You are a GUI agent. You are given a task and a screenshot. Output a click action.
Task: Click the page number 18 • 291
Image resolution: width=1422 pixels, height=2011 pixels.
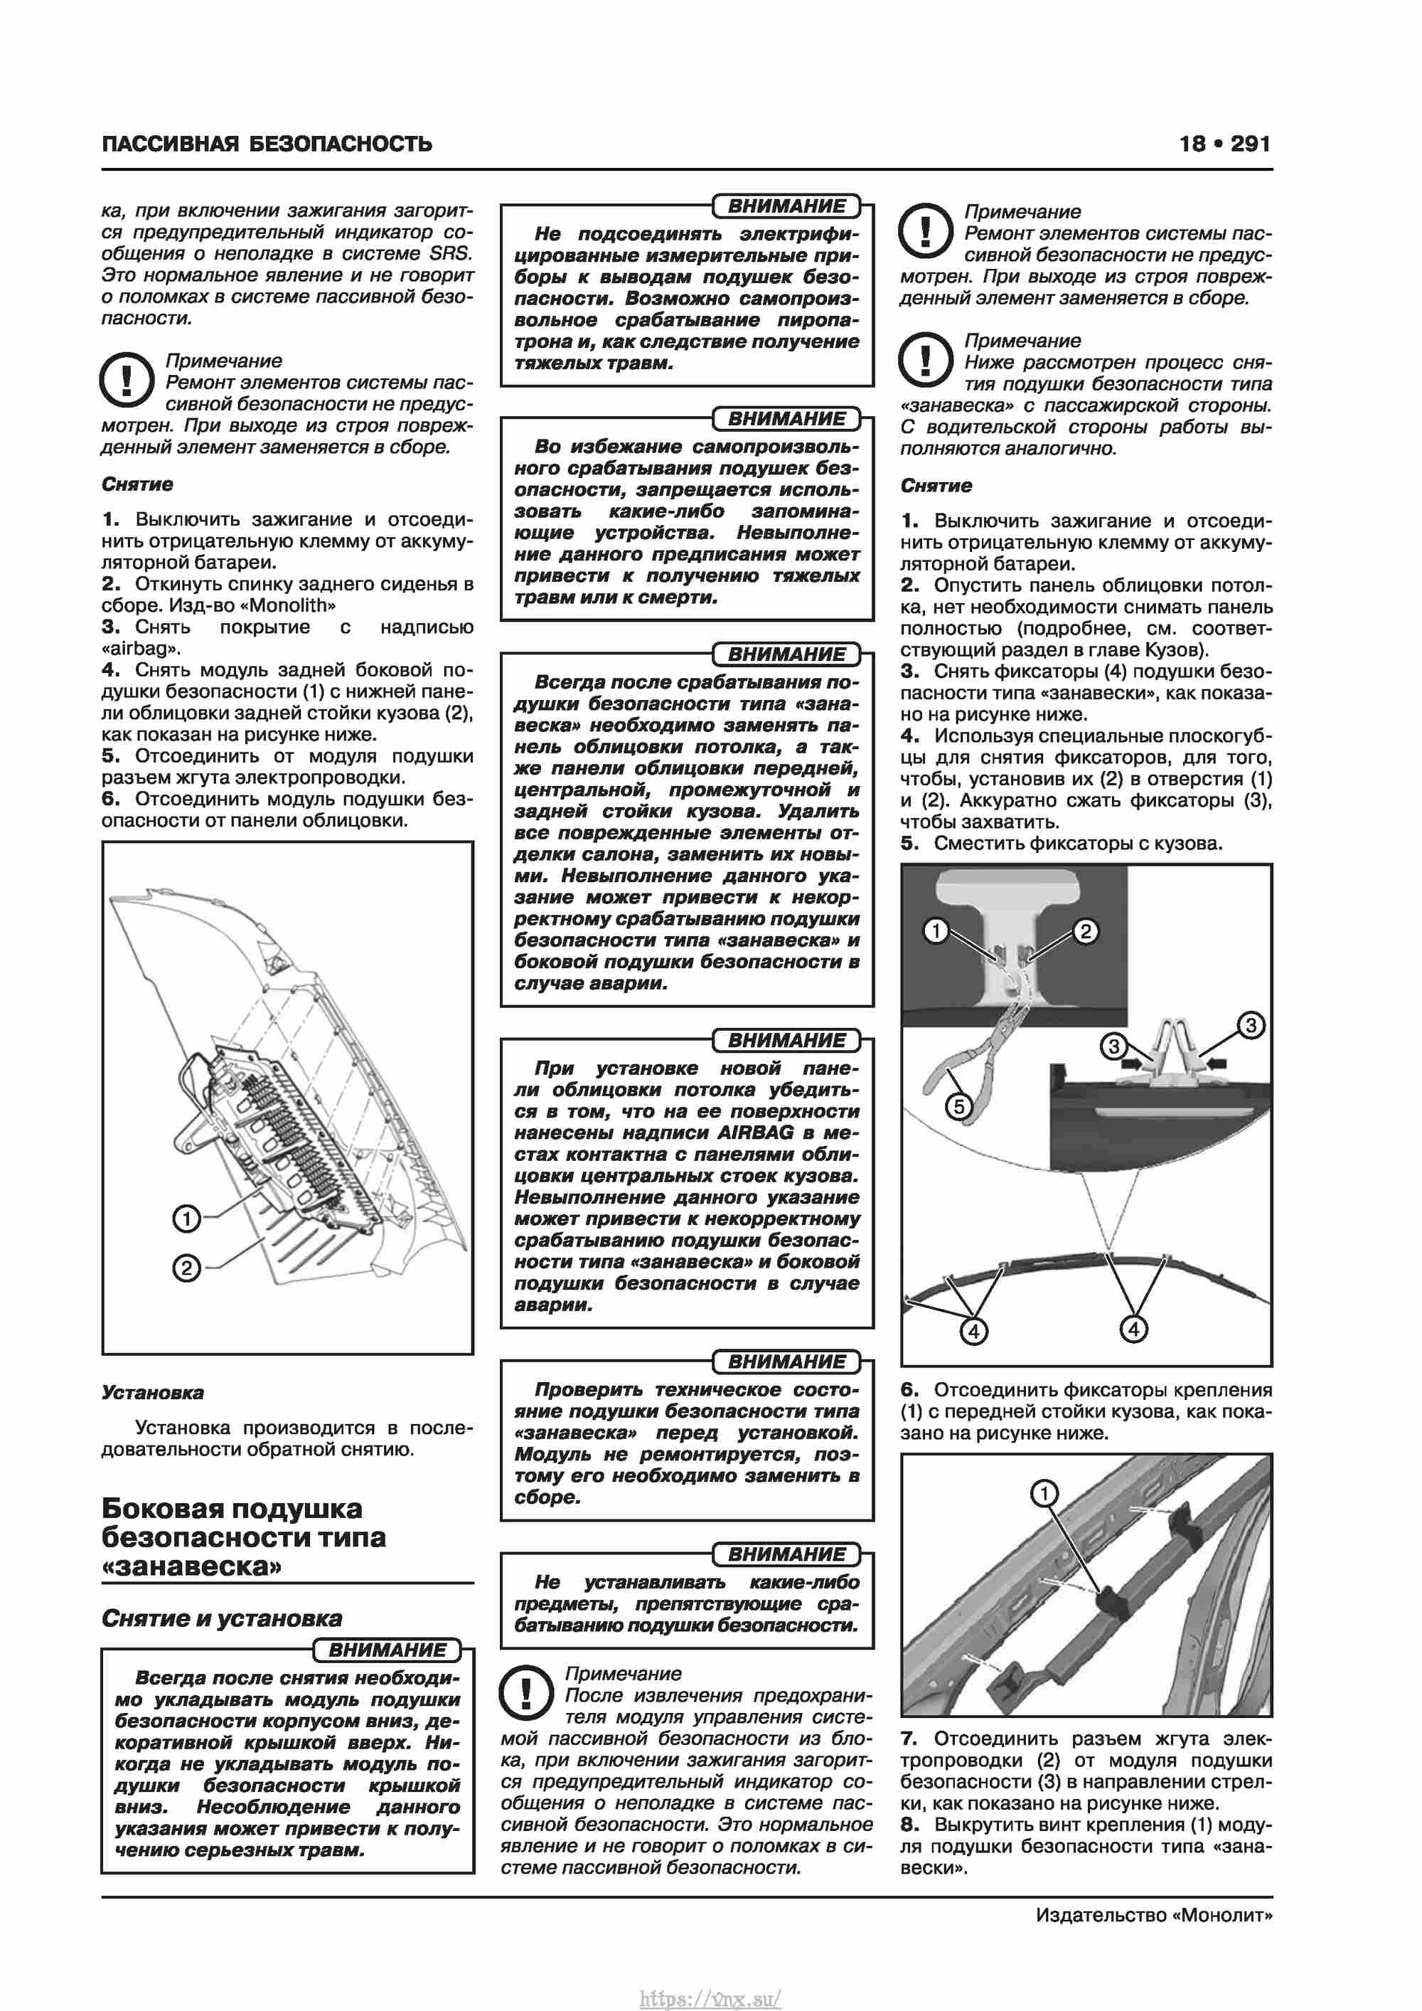click(x=1224, y=144)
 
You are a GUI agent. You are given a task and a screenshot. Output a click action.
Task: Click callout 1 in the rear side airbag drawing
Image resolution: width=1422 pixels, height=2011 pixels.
click(x=186, y=1219)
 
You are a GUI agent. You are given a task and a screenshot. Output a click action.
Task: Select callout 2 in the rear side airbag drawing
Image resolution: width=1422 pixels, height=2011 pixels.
click(x=186, y=1268)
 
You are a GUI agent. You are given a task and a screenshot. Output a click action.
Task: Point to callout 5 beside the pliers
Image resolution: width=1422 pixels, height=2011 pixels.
click(x=960, y=1107)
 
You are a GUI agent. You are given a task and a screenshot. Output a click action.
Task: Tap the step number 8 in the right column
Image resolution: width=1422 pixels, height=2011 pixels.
click(x=909, y=1825)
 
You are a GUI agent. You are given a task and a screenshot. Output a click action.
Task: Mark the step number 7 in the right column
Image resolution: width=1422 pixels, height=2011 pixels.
click(x=909, y=1739)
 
